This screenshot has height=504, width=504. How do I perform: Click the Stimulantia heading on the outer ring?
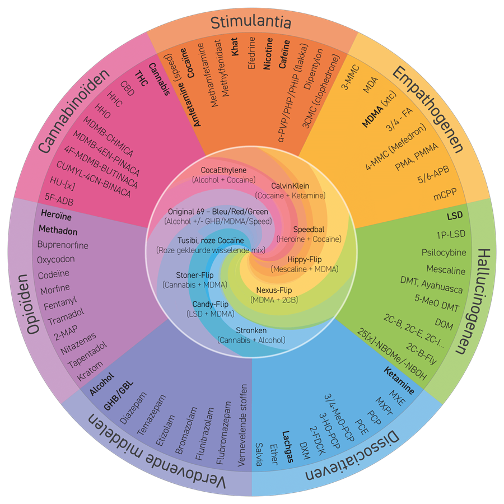click(251, 22)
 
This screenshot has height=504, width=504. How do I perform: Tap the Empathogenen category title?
click(429, 110)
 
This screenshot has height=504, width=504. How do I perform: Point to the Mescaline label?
click(446, 270)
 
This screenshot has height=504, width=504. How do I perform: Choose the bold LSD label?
click(455, 216)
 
